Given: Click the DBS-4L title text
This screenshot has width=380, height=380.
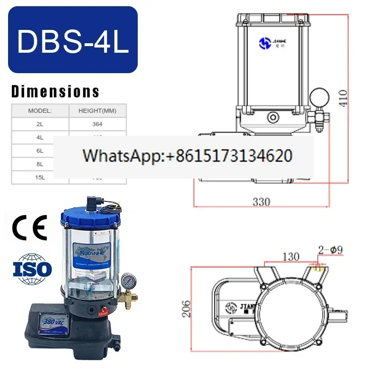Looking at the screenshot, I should pyautogui.click(x=73, y=40).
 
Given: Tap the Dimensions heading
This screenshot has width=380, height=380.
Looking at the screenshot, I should pyautogui.click(x=56, y=91).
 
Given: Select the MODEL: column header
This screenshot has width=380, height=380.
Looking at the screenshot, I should pyautogui.click(x=40, y=111).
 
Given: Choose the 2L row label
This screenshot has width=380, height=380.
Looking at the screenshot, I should pyautogui.click(x=40, y=124).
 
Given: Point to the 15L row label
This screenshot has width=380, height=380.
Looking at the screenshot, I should pyautogui.click(x=40, y=177).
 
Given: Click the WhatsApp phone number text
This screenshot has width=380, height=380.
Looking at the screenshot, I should pyautogui.click(x=187, y=156).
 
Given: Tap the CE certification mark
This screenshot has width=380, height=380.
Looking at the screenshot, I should pyautogui.click(x=29, y=228).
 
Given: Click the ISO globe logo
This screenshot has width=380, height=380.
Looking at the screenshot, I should pyautogui.click(x=32, y=269).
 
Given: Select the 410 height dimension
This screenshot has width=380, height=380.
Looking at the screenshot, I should pyautogui.click(x=343, y=97).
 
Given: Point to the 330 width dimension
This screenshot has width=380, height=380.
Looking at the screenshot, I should pyautogui.click(x=261, y=201).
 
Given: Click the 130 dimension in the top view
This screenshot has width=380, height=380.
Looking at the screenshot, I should pyautogui.click(x=290, y=256).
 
